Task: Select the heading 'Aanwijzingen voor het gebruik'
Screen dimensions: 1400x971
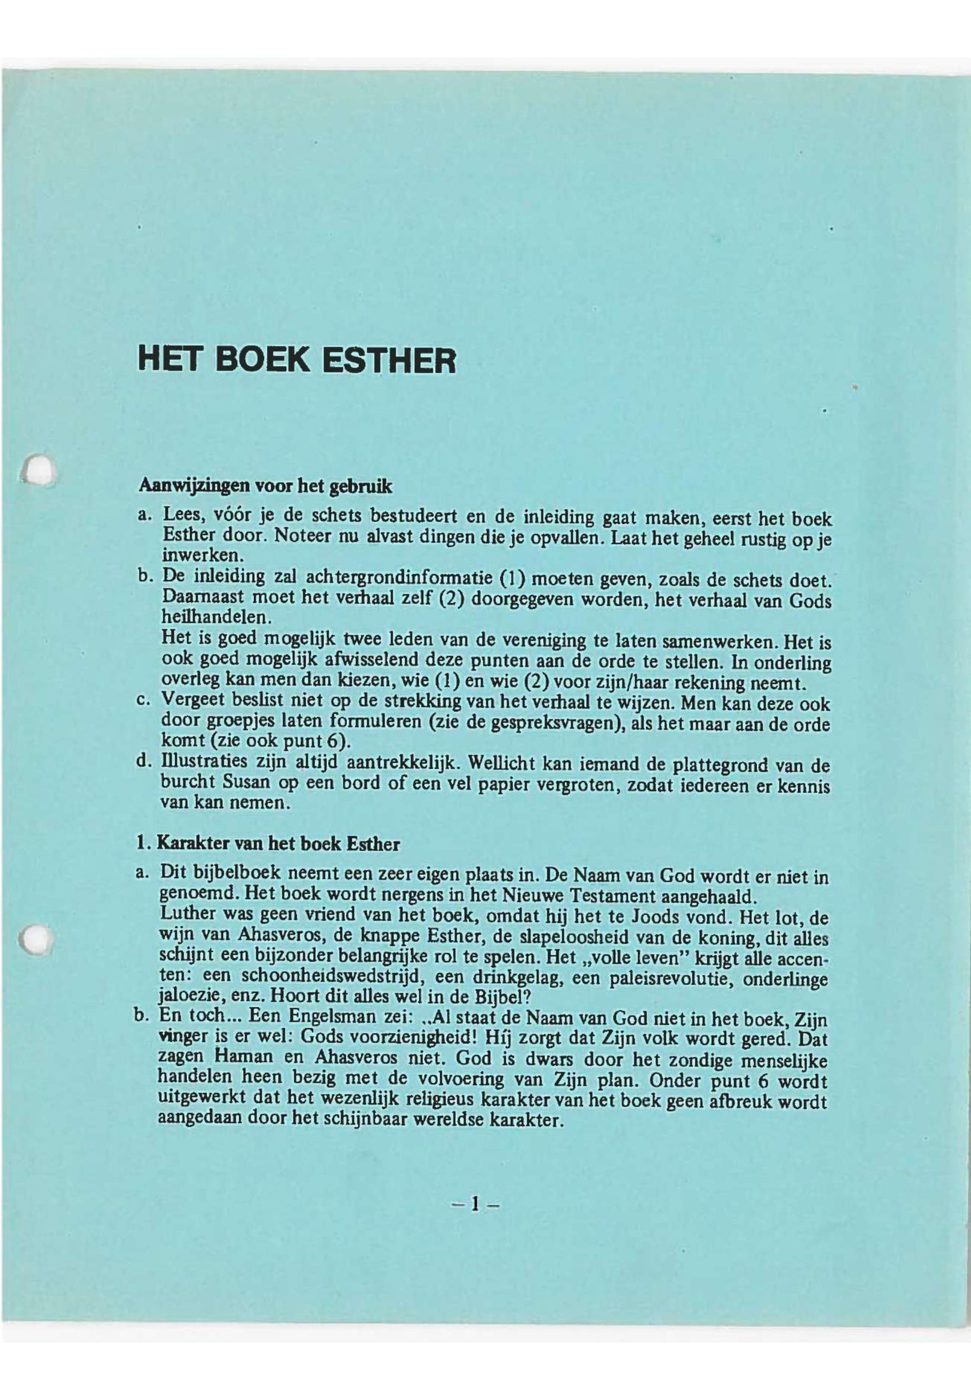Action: [x=266, y=486]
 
